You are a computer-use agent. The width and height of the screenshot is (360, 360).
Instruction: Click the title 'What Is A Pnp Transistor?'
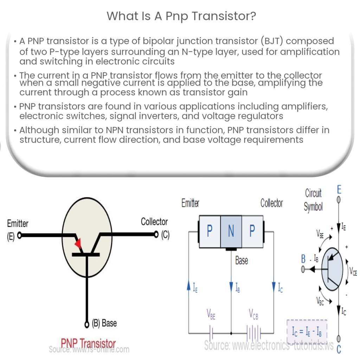pos(180,16)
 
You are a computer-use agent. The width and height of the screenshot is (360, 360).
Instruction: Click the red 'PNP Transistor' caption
pos(88,343)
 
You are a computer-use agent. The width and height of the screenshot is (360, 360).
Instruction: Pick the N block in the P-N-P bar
pos(231,231)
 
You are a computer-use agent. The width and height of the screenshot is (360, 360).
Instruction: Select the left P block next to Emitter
pos(210,231)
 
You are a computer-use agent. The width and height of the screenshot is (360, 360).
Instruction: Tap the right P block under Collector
pos(252,231)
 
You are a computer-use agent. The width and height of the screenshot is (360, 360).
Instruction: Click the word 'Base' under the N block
pos(242,261)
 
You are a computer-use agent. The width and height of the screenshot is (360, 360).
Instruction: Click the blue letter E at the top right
pos(339,190)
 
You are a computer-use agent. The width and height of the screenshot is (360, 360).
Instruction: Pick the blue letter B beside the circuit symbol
pos(303,259)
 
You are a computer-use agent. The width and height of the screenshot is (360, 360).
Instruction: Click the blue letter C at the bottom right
pos(339,349)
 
